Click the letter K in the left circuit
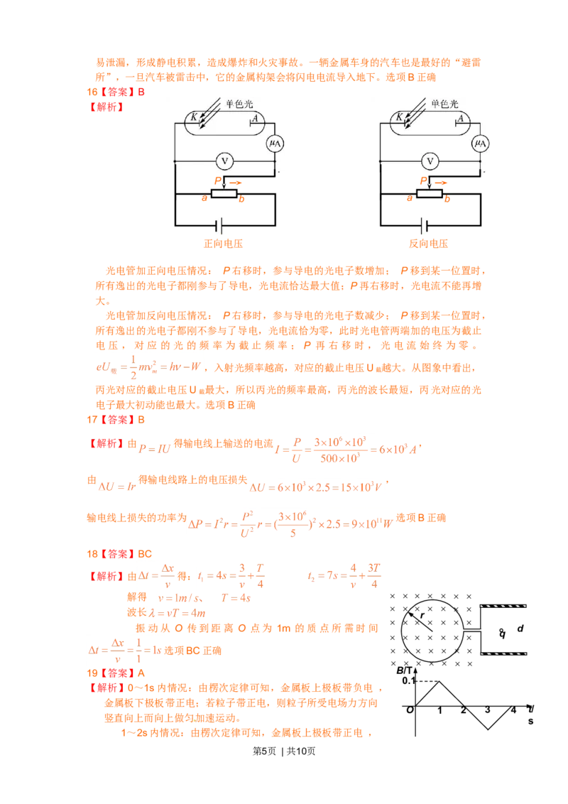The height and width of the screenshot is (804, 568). (x=192, y=116)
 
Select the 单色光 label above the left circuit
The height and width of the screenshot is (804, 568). (x=239, y=103)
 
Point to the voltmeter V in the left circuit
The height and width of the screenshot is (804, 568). (x=224, y=161)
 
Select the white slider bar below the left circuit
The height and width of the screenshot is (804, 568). (x=224, y=193)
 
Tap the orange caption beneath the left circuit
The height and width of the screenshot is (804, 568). (x=224, y=244)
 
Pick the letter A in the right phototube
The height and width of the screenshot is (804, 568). (x=460, y=119)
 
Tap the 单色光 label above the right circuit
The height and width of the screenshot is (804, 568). (x=445, y=103)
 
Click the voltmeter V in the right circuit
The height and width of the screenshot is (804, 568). (x=429, y=161)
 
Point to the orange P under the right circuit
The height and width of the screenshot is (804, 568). (x=424, y=181)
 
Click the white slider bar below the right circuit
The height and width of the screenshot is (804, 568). (x=429, y=193)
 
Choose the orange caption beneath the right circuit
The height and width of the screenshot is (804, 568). (x=429, y=244)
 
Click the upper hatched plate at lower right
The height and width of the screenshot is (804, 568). (x=503, y=606)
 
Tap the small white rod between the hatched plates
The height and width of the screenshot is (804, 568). (x=472, y=629)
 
